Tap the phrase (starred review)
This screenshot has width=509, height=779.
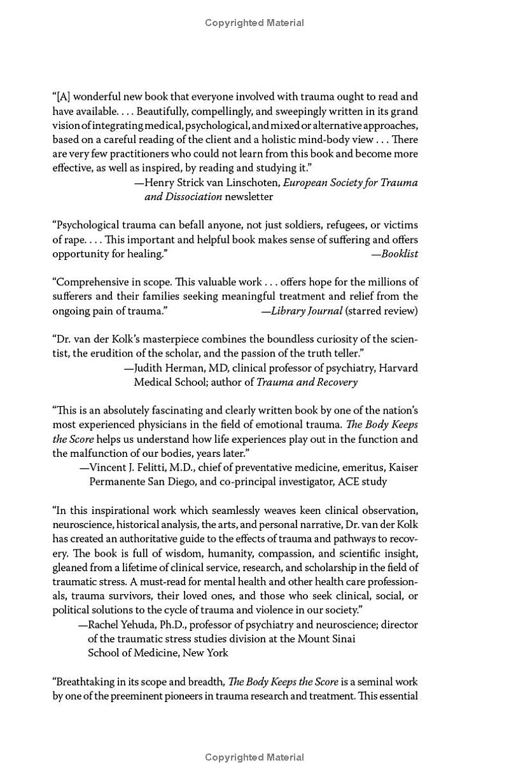(x=381, y=311)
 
